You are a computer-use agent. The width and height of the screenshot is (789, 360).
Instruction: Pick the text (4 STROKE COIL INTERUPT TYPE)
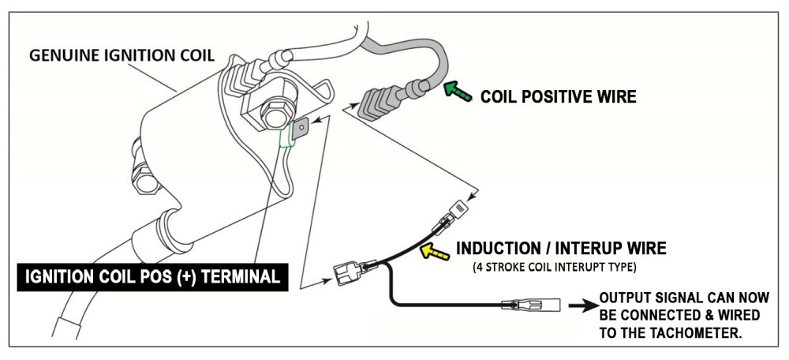click(x=553, y=268)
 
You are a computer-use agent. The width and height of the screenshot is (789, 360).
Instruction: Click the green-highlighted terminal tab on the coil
click(x=288, y=140)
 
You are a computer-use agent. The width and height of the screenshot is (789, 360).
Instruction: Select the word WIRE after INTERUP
click(x=645, y=249)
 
